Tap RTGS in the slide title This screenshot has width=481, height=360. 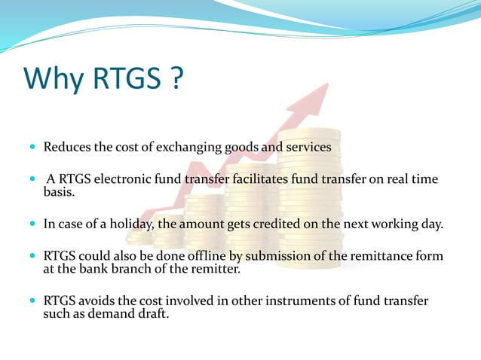click(x=127, y=78)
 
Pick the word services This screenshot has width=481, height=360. click(x=307, y=147)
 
